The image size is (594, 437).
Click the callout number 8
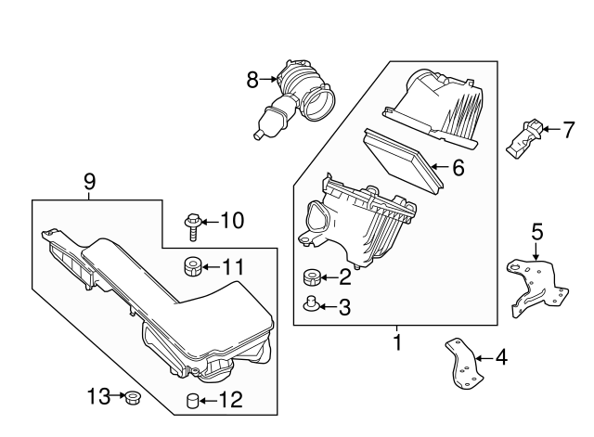point(252,81)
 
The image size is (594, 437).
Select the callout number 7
point(569,130)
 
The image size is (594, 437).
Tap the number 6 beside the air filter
point(458,167)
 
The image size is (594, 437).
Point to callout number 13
point(98,396)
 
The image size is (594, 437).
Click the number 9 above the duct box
point(89,183)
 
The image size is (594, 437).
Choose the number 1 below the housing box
point(397,342)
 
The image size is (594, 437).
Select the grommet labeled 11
point(192,266)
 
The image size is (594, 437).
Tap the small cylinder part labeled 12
point(193,401)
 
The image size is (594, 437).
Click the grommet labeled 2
point(312,277)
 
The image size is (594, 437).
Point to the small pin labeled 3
point(312,303)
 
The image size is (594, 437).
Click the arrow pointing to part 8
point(269,79)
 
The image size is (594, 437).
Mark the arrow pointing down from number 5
point(536,251)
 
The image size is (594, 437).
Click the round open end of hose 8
point(320,102)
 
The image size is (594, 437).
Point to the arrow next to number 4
point(484,358)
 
